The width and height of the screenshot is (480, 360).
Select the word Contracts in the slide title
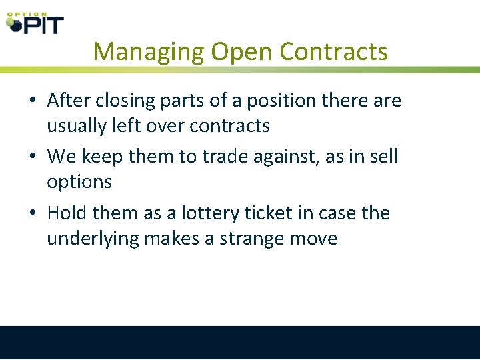click(x=333, y=52)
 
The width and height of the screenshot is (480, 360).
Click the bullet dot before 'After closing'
click(x=32, y=101)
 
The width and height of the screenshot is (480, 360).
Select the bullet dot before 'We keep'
click(x=32, y=157)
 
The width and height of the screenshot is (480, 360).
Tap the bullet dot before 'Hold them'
click(x=32, y=214)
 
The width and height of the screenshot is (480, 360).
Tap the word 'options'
click(x=79, y=182)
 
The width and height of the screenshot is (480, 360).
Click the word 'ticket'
click(x=271, y=214)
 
